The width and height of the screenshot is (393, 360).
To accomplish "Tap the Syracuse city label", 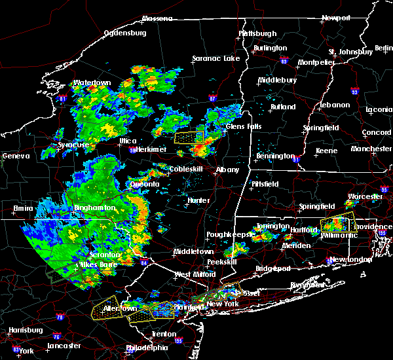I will click(73, 144).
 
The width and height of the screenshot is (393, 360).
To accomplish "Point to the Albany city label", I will click(227, 170).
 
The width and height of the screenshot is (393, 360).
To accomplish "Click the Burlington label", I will click(271, 48).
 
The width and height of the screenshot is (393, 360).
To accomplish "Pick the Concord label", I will click(377, 132).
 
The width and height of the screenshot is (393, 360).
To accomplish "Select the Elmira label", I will click(23, 209).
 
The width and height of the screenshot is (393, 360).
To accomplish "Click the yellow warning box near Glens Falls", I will click(189, 137).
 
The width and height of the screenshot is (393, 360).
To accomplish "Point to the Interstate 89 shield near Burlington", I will click(283, 58).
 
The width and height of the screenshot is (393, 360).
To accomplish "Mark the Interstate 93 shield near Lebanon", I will click(355, 92).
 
